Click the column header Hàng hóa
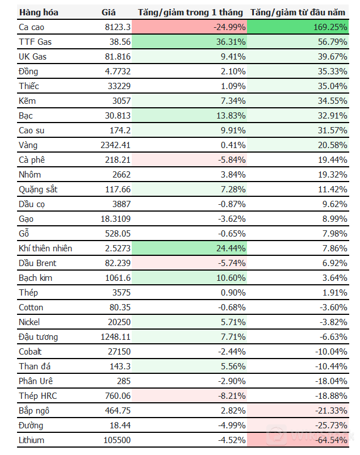(x=38, y=12)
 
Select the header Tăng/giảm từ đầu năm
(x=299, y=12)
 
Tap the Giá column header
(x=108, y=12)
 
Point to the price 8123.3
(x=118, y=27)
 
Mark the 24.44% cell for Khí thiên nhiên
(x=230, y=248)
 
